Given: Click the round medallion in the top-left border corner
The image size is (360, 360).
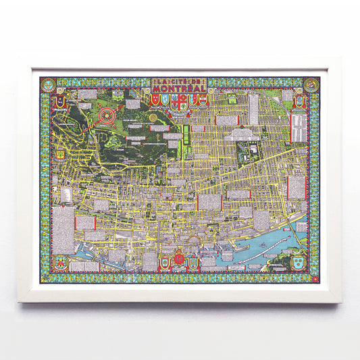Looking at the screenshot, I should coord(47,84).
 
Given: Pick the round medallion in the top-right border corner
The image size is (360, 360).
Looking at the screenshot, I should coord(312,84).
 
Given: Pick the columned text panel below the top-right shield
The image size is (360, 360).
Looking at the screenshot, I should coord(297,128).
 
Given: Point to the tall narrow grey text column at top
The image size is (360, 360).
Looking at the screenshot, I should coord(253,109).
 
